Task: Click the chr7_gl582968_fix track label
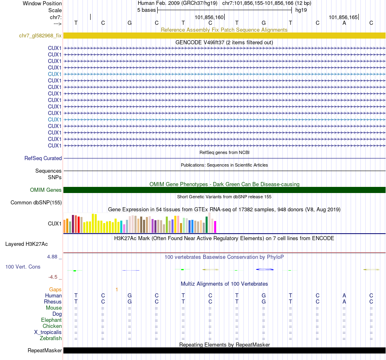pos(40,36)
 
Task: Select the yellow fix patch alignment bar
pos(224,36)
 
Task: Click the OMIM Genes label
pos(46,190)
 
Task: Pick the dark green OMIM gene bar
pos(224,190)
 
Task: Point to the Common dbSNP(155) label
pos(36,202)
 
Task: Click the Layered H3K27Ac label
pos(26,244)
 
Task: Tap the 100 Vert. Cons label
pos(23,267)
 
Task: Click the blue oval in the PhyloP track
pos(265,269)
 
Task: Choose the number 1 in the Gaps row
pos(117,290)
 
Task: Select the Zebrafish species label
pos(51,338)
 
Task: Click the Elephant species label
pos(51,320)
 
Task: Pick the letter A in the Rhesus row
pos(344,302)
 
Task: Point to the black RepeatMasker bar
pos(224,350)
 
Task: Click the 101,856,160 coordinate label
pos(209,17)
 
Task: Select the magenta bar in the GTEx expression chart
pos(215,227)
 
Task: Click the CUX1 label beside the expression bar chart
pos(54,223)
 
